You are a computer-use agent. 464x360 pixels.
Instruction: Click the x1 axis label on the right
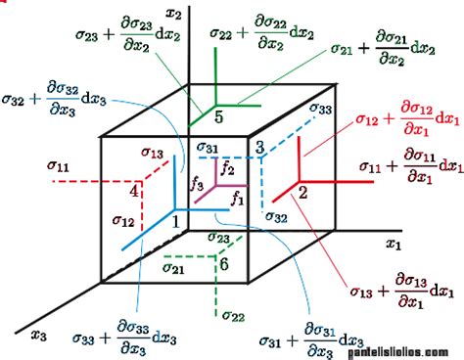tap(394, 242)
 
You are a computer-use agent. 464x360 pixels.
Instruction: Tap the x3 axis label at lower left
tap(40, 336)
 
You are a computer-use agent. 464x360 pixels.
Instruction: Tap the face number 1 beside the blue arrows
tap(176, 221)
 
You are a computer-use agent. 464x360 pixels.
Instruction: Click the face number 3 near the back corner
tap(258, 147)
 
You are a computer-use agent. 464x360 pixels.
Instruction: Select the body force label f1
tap(237, 197)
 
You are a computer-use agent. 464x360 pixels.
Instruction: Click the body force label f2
tap(227, 169)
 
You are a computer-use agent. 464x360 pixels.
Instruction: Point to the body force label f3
tap(197, 182)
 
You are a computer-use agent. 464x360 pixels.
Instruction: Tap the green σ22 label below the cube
tap(233, 314)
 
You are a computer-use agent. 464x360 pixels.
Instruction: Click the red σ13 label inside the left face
tap(151, 153)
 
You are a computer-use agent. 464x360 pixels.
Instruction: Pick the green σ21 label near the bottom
tap(174, 267)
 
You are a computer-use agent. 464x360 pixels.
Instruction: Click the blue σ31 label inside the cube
tap(210, 148)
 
